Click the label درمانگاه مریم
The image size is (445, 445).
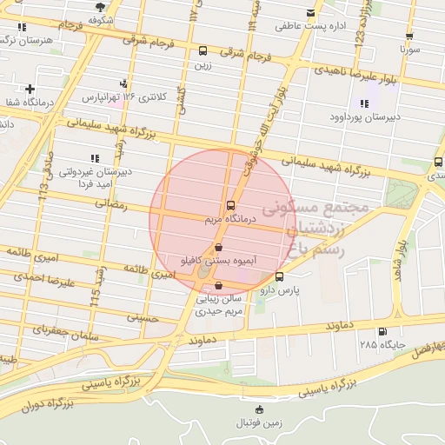229,221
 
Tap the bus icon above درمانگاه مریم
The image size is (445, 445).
229,206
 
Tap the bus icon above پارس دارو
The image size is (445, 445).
278,276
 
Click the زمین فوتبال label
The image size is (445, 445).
259,423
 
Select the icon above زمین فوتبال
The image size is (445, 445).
259,409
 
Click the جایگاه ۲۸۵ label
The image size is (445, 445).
382,345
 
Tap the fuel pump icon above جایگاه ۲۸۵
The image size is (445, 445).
382,331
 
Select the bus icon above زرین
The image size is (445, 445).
203,50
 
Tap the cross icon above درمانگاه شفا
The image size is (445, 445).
30,89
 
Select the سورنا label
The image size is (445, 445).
409,50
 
